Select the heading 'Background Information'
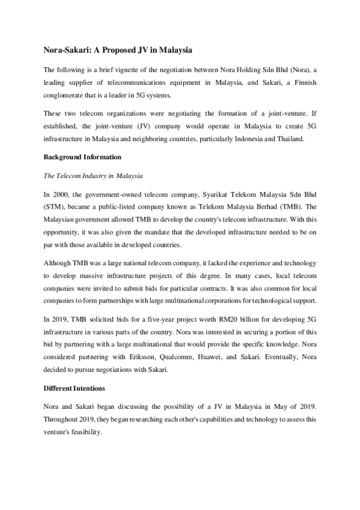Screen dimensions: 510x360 (83, 158)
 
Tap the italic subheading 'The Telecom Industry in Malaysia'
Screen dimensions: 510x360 (93, 176)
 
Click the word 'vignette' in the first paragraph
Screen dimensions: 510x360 (127, 68)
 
